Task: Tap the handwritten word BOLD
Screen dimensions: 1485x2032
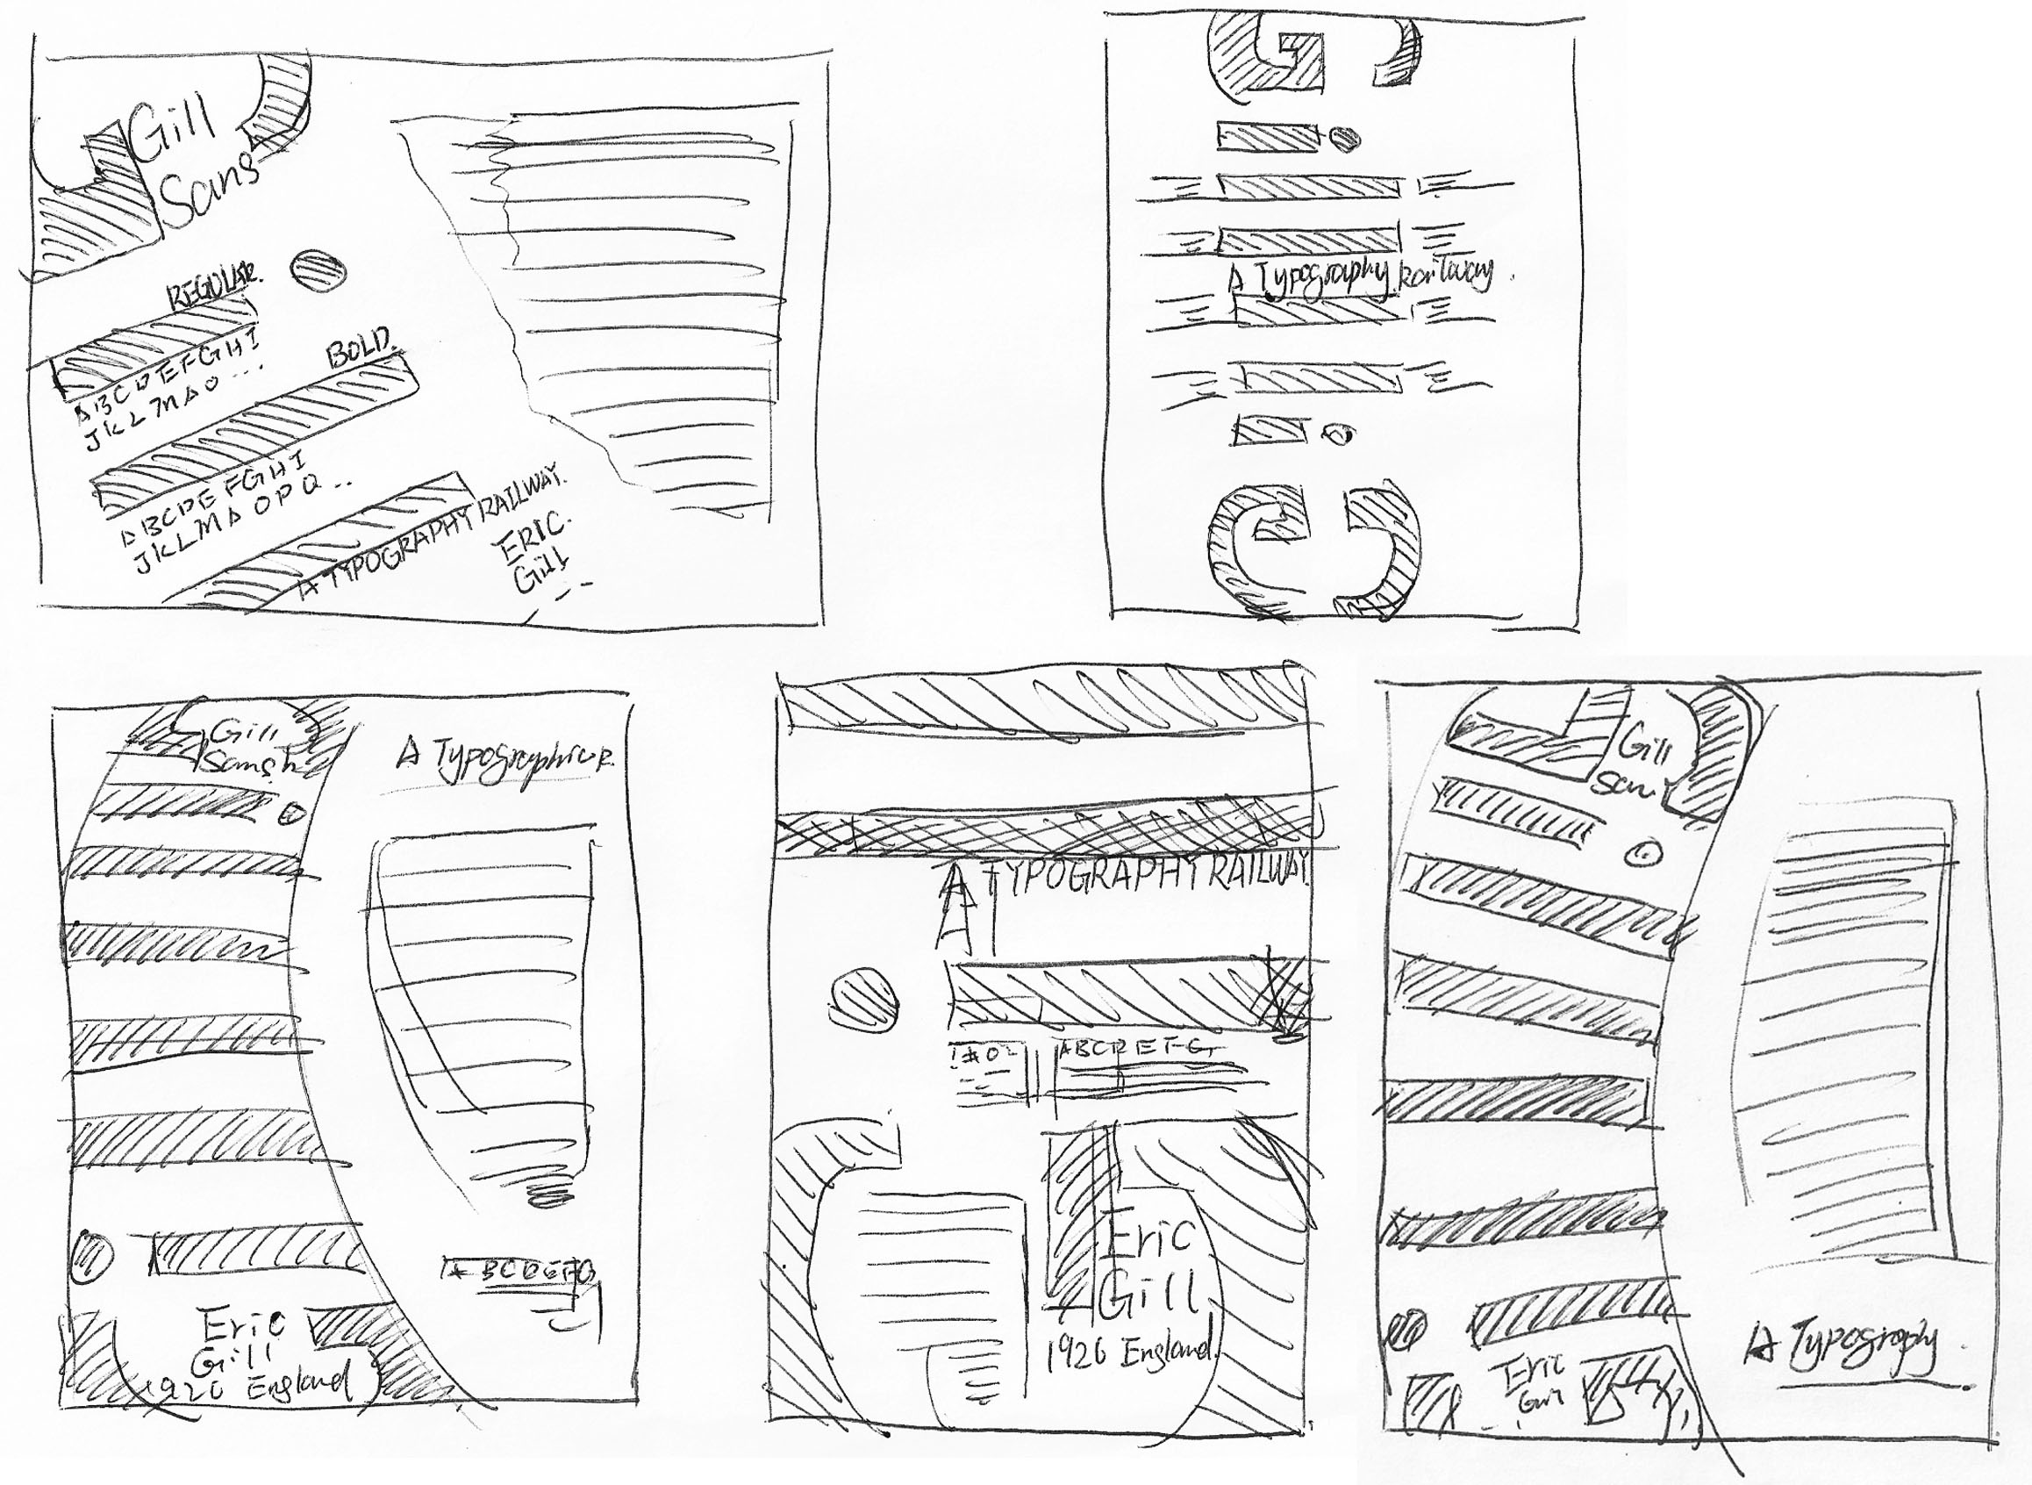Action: click(360, 348)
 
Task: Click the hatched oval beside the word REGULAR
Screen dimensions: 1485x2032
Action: click(318, 269)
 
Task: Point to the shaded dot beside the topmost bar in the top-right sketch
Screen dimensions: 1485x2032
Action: click(1344, 139)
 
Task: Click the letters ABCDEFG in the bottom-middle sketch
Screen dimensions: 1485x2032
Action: click(1137, 1049)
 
